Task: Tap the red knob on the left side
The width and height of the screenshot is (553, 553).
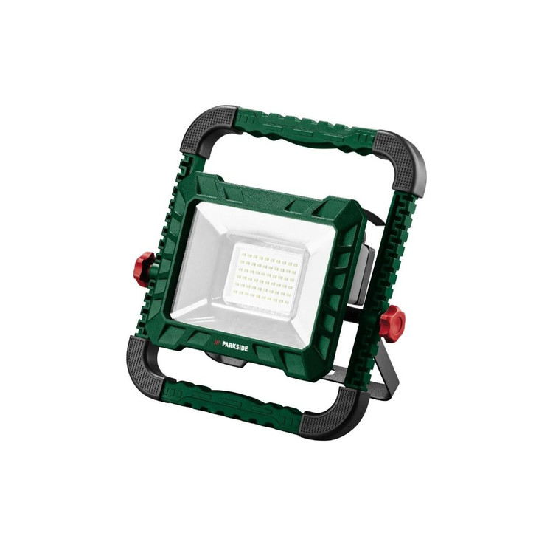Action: click(145, 269)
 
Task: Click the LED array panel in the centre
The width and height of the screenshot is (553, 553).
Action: click(267, 277)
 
